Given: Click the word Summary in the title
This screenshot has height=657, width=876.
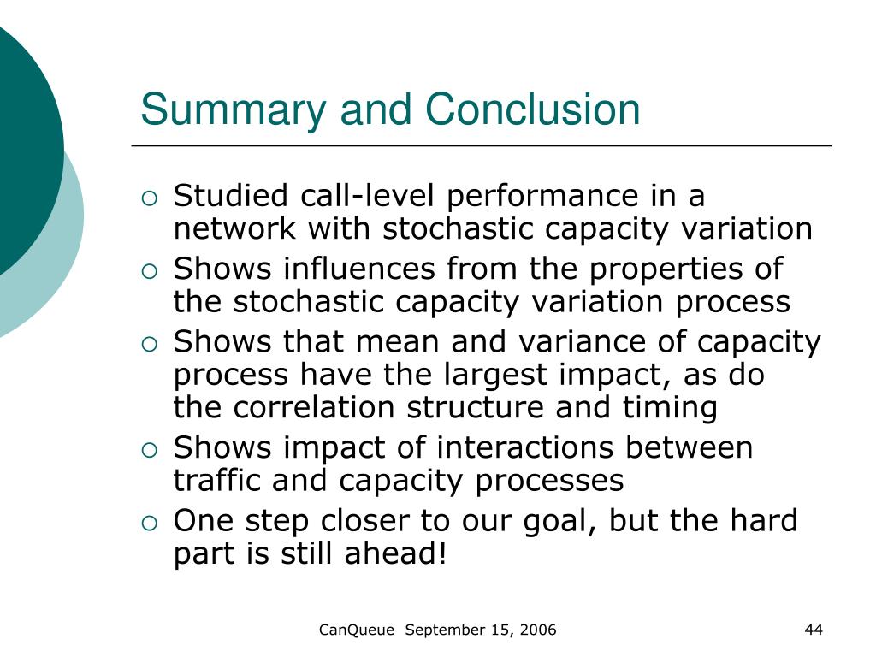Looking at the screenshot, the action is tap(233, 110).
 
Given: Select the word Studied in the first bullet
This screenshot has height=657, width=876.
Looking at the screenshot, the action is tap(230, 196).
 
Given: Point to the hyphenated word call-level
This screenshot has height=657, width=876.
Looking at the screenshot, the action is tap(367, 196).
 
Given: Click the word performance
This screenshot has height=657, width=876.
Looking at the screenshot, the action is tap(542, 197).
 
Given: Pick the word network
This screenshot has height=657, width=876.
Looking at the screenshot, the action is tap(234, 228).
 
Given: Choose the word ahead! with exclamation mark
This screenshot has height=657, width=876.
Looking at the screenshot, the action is tap(395, 553).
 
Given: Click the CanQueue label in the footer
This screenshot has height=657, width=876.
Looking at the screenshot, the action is tap(357, 630).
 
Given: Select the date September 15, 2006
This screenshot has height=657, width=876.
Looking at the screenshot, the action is tap(481, 630).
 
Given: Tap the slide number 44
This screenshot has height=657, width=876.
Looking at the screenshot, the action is tap(814, 630).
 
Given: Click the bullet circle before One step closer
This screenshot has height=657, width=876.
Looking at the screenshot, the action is tap(150, 523).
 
